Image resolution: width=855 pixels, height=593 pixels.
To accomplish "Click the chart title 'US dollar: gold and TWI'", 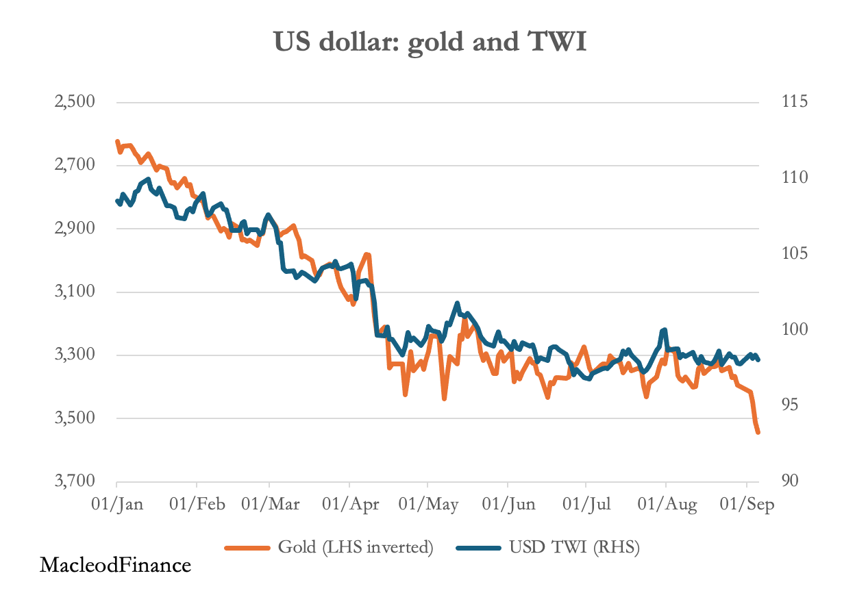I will click(430, 42).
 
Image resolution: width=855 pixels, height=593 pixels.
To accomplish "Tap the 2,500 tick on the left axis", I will click(75, 102).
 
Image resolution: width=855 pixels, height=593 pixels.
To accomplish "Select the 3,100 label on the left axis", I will click(75, 292).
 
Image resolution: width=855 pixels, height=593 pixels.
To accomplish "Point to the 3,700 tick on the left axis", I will click(75, 481).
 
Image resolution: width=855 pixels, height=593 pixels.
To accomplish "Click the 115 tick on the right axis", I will click(794, 102).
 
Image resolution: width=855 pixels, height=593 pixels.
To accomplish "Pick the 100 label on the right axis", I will click(794, 329).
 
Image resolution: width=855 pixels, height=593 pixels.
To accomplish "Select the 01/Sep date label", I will click(749, 505).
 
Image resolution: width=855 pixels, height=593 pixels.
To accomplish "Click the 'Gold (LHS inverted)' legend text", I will click(356, 547).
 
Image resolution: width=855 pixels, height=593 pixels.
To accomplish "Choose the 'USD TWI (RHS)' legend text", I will click(574, 547).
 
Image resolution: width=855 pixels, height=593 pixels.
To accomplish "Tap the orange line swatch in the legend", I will click(248, 548).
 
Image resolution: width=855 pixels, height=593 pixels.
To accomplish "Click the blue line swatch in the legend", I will click(479, 548).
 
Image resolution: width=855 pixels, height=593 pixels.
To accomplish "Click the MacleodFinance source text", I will click(115, 566).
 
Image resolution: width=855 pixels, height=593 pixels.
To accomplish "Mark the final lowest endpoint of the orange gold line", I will click(758, 432).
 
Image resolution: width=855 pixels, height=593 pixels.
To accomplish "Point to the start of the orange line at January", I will click(117, 141).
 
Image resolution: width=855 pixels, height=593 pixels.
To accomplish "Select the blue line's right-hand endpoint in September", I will click(758, 359).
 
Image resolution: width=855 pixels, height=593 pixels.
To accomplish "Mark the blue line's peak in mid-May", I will click(457, 303).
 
